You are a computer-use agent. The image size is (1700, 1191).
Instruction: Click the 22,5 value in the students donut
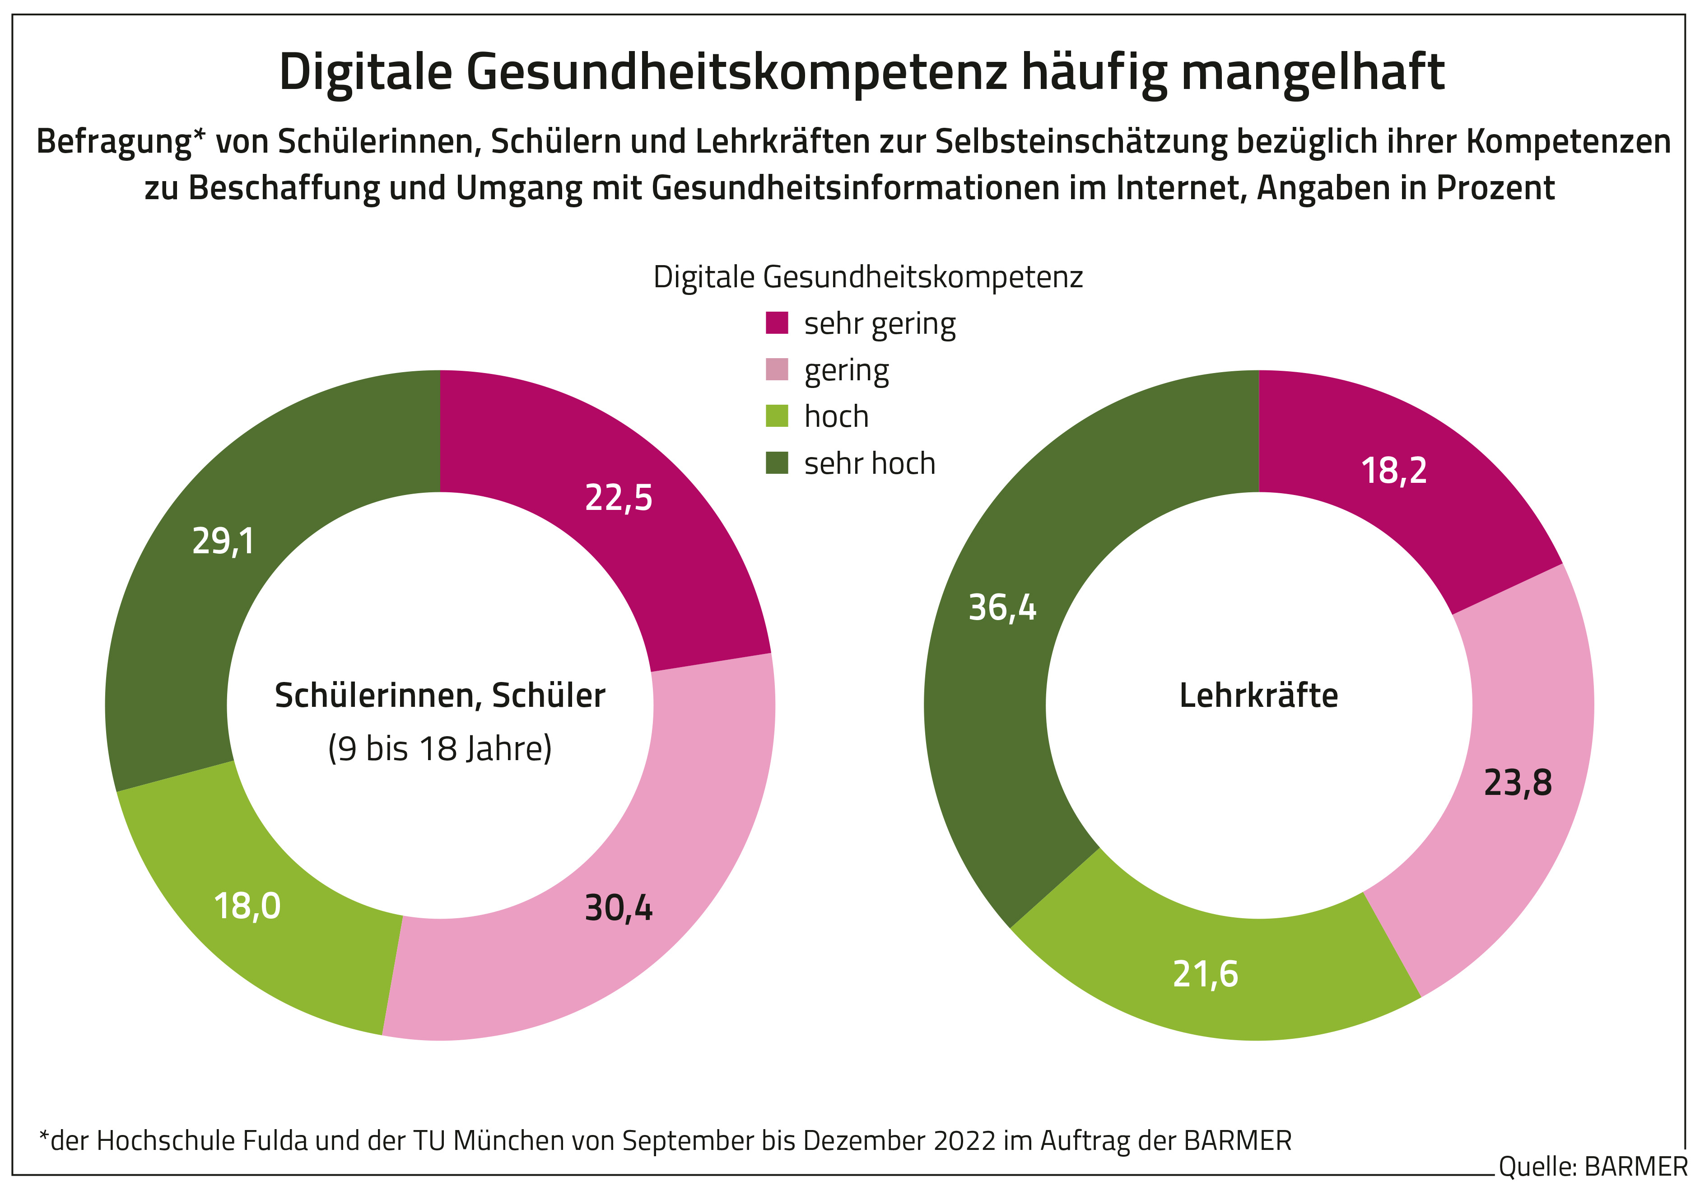point(618,498)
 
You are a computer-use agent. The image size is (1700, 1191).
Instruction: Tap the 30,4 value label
point(618,908)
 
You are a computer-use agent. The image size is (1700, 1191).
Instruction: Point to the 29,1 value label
point(223,542)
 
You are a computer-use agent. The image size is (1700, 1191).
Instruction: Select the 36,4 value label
point(1002,608)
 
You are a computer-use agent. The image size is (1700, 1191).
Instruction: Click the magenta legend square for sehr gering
point(777,323)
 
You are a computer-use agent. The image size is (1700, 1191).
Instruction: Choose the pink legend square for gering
point(777,369)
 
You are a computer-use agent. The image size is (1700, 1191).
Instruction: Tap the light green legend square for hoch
point(777,416)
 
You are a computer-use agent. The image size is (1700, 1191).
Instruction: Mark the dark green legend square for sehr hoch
point(777,463)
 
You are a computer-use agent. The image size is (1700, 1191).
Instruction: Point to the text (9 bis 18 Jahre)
point(440,749)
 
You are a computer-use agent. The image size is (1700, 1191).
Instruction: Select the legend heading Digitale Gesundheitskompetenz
point(868,277)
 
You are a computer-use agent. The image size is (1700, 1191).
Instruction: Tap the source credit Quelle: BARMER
point(1593,1167)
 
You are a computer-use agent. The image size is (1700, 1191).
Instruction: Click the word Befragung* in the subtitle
point(121,141)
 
